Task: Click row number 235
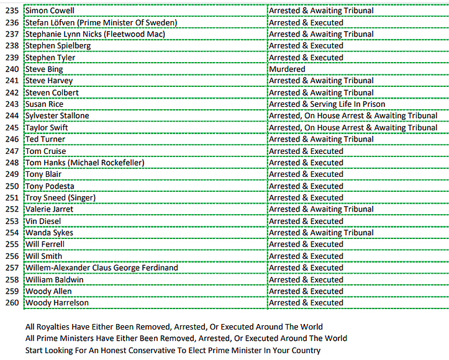[x=12, y=11]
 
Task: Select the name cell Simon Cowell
[x=49, y=11]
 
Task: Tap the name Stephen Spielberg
[x=58, y=46]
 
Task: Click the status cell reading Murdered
[x=287, y=69]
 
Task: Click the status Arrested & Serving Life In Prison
[x=327, y=104]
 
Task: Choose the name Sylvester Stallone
[x=57, y=116]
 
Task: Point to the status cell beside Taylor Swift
[x=353, y=128]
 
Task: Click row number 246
[x=12, y=139]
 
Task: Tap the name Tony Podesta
[x=49, y=186]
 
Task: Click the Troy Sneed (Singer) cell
[x=60, y=198]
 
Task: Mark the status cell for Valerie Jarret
[x=321, y=209]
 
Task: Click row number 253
[x=12, y=221]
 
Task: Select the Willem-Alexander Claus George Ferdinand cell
[x=101, y=268]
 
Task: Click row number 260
[x=12, y=303]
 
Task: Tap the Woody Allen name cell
[x=48, y=291]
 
